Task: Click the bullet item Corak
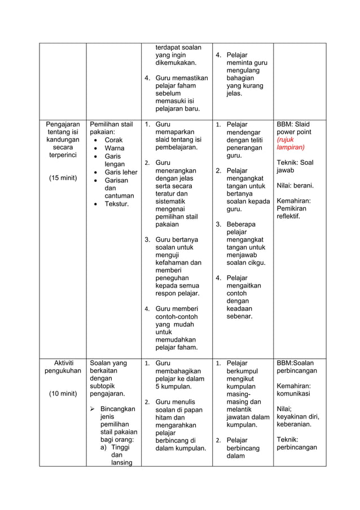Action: (x=113, y=140)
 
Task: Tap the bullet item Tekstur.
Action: (x=117, y=203)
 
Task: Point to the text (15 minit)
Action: (x=63, y=178)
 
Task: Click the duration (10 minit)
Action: (x=63, y=394)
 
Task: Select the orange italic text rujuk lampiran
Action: (x=290, y=143)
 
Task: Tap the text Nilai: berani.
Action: (x=295, y=185)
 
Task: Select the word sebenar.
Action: (x=239, y=316)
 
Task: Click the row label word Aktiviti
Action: (x=62, y=363)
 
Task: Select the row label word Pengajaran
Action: (x=63, y=124)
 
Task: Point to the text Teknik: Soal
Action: (x=295, y=163)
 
